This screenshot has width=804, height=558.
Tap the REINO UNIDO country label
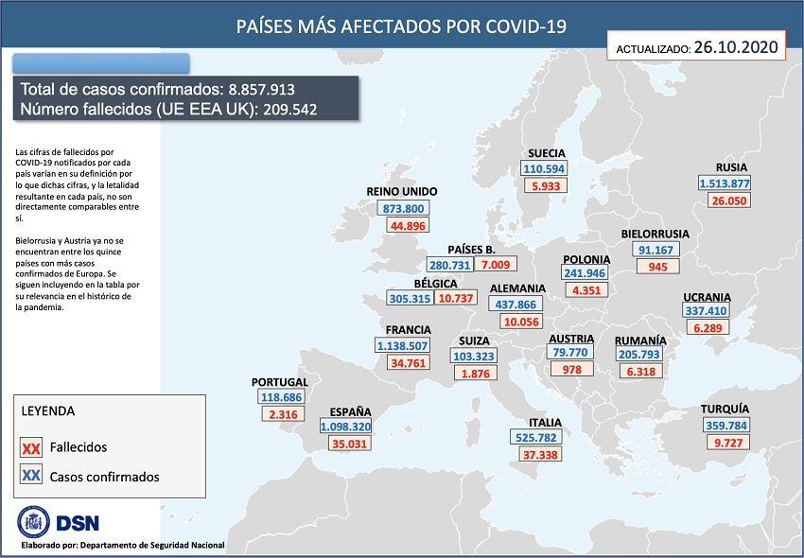pos(402,191)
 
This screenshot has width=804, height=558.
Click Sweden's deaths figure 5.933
pos(547,186)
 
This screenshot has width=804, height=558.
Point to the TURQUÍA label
pos(725,410)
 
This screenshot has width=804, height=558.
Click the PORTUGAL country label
pos(280,382)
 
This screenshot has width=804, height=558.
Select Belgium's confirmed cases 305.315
pos(410,298)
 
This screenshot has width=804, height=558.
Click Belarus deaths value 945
pos(658,267)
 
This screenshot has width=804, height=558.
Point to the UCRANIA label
pos(706,295)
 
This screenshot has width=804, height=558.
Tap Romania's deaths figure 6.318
pos(640,372)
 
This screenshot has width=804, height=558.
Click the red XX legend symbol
pos(30,447)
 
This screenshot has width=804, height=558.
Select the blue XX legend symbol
pos(30,477)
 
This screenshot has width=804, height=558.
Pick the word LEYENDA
pos(48,411)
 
